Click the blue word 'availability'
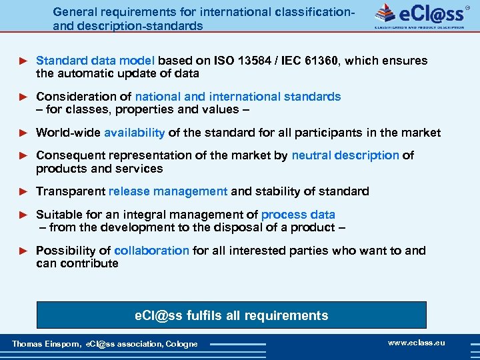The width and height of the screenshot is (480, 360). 135,133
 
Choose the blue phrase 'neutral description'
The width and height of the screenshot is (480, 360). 345,155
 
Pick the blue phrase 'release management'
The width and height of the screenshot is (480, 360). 168,191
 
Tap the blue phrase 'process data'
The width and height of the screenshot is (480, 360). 298,215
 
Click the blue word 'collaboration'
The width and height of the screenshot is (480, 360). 152,251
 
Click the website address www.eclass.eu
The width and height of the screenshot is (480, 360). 416,343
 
